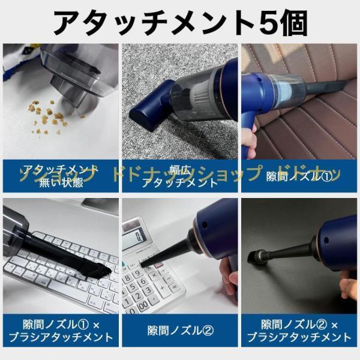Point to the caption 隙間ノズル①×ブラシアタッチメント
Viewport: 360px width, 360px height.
pyautogui.click(x=59, y=330)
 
